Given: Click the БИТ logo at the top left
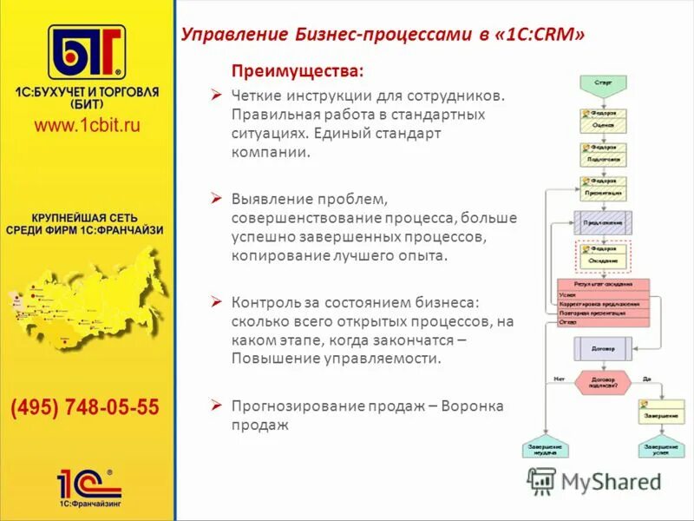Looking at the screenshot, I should pos(86,53).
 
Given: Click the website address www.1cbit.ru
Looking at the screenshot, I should pos(86,125).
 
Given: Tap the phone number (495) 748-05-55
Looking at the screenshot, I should pos(84,407).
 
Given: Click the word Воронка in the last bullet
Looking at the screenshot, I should pos(471,406).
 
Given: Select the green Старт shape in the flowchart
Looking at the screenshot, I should pos(603,82).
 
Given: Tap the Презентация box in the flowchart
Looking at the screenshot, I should pos(603,192).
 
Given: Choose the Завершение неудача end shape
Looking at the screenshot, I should pos(545,449).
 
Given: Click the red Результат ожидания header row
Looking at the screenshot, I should pos(602,284).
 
